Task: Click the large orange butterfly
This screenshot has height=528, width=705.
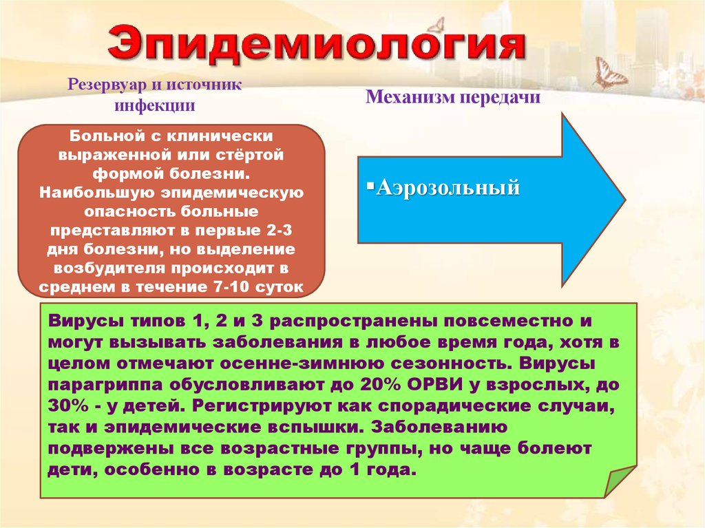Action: pos(610,73)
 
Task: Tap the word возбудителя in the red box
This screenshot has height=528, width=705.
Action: pos(86,267)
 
